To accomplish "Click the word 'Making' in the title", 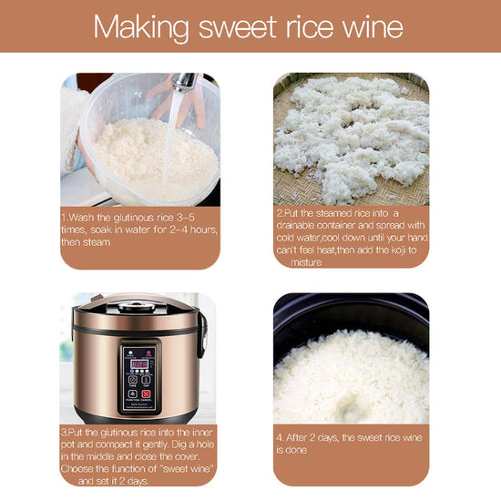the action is click(x=141, y=28).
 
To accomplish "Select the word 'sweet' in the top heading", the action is click(x=238, y=27).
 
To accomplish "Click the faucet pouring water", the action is click(x=184, y=81).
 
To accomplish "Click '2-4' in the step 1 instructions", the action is click(x=179, y=230).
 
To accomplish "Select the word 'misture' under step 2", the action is click(x=306, y=262).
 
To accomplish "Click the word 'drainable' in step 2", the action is click(x=295, y=226).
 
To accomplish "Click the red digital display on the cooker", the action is click(x=139, y=364).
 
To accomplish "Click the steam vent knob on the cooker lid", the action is click(x=137, y=307).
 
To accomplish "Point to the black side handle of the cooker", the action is click(x=202, y=334).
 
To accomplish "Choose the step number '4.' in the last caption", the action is click(x=280, y=437).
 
